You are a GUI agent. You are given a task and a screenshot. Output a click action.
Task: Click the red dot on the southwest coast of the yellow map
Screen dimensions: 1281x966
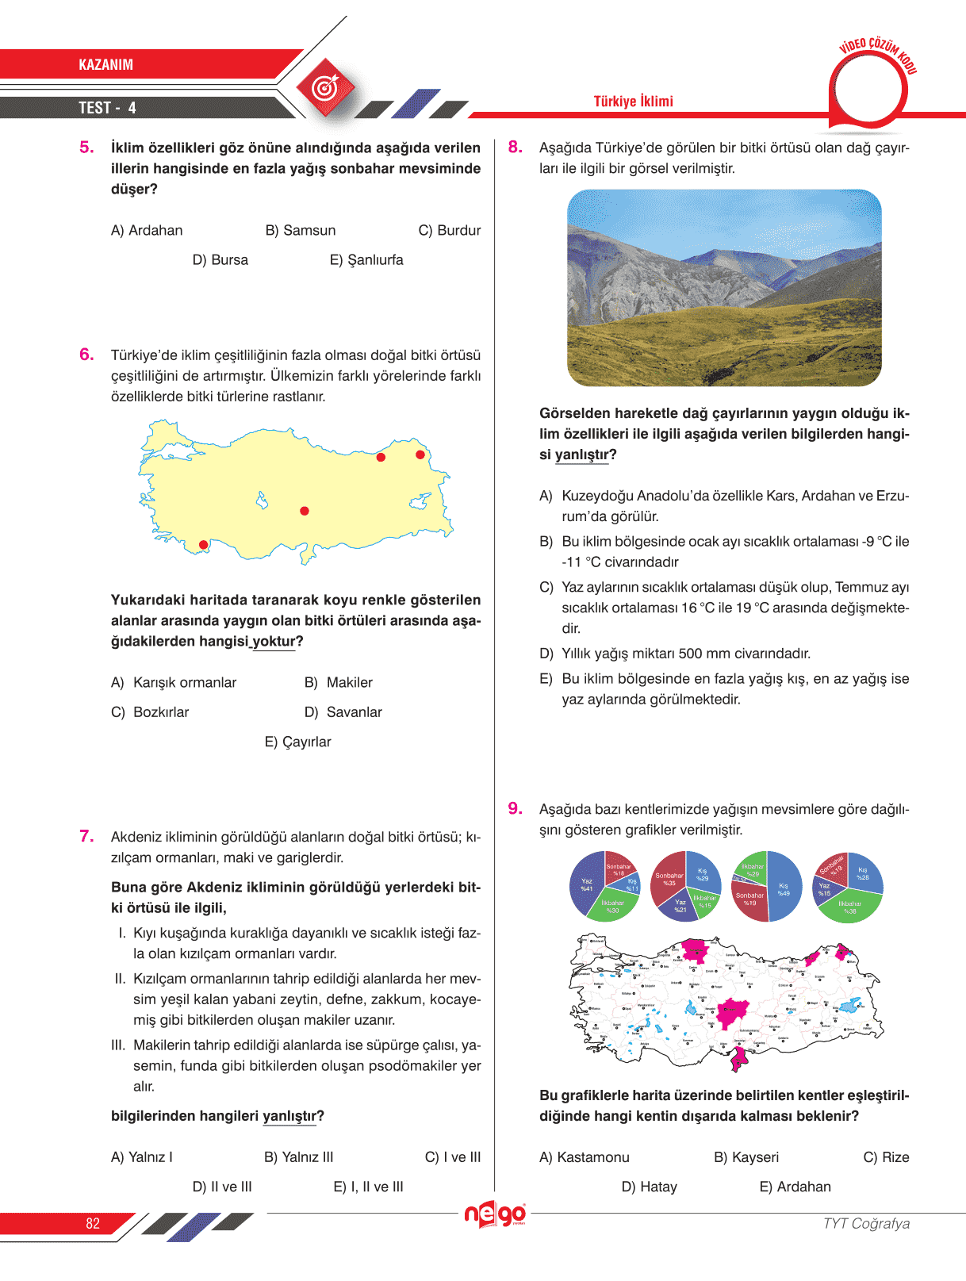click(204, 545)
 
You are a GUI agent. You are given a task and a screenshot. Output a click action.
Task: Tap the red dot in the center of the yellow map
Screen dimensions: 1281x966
click(305, 512)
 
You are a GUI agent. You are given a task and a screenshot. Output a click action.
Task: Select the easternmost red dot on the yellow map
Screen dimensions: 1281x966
click(420, 454)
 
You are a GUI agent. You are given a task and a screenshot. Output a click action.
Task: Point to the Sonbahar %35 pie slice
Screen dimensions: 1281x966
click(669, 879)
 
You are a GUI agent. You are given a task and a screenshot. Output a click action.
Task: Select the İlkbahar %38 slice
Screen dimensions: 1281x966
click(850, 906)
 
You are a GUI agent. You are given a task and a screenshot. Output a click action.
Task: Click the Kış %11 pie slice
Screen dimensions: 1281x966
click(632, 884)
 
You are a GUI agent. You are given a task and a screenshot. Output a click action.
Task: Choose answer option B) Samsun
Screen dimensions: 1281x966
click(301, 230)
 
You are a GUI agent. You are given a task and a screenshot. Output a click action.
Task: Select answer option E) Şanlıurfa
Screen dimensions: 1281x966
click(366, 260)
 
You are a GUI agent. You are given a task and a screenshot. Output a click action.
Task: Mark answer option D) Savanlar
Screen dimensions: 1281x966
click(343, 712)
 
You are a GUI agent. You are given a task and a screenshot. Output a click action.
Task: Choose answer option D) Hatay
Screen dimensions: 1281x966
click(650, 1187)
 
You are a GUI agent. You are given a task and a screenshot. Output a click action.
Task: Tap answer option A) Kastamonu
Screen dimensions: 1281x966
click(585, 1157)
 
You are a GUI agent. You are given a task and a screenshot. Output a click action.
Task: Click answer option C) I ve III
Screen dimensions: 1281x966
click(453, 1157)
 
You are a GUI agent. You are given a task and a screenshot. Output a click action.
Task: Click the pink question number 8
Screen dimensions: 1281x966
click(516, 147)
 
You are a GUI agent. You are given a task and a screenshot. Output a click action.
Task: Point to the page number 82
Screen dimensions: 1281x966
click(93, 1223)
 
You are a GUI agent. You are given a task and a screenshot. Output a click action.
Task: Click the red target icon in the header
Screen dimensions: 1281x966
click(324, 87)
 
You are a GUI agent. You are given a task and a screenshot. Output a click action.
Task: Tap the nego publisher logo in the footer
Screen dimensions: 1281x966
click(495, 1214)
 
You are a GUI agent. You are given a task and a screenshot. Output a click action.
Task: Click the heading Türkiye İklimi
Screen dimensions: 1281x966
click(633, 102)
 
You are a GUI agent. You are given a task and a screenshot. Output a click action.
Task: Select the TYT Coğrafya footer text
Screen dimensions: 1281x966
click(866, 1223)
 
